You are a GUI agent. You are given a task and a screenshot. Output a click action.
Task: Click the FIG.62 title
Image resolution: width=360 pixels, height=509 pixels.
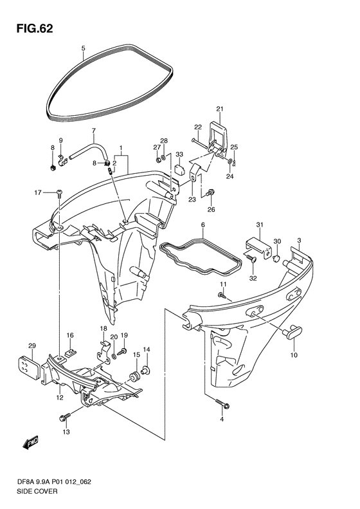click(35, 29)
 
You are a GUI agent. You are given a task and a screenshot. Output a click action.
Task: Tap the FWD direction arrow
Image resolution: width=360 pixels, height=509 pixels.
click(31, 442)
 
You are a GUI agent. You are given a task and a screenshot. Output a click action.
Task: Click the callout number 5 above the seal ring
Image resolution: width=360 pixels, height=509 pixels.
click(83, 48)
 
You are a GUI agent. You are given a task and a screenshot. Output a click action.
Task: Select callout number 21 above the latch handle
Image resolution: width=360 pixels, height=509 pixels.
click(220, 109)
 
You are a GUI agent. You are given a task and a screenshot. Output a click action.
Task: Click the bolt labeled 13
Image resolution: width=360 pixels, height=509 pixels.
click(65, 417)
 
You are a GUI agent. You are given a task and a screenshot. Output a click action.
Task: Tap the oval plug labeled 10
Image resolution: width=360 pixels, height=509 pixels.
click(292, 333)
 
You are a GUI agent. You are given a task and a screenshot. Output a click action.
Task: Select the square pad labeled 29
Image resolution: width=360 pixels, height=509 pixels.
click(28, 366)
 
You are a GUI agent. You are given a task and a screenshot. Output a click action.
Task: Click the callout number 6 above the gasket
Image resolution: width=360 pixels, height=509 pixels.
click(203, 225)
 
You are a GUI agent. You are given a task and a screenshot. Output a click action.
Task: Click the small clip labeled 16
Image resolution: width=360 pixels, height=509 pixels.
click(69, 352)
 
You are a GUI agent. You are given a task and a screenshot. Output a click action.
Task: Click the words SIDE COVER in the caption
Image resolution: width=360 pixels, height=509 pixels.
click(37, 491)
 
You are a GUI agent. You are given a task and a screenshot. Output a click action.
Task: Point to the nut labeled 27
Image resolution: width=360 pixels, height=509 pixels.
click(157, 160)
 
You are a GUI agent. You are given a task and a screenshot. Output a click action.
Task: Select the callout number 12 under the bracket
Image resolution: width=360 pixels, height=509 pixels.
click(59, 398)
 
